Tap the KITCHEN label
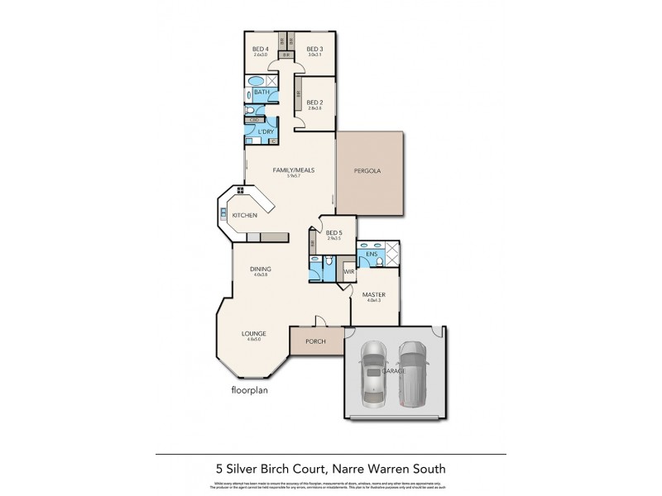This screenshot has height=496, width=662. pyautogui.click(x=244, y=216)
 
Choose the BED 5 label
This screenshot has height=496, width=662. pyautogui.click(x=333, y=234)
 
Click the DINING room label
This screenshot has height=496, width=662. pyautogui.click(x=261, y=269)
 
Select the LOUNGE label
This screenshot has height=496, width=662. pyautogui.click(x=254, y=333)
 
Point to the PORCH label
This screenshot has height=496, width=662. pyautogui.click(x=314, y=341)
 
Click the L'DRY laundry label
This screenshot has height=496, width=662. pyautogui.click(x=266, y=132)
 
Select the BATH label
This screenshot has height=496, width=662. pyautogui.click(x=261, y=92)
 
